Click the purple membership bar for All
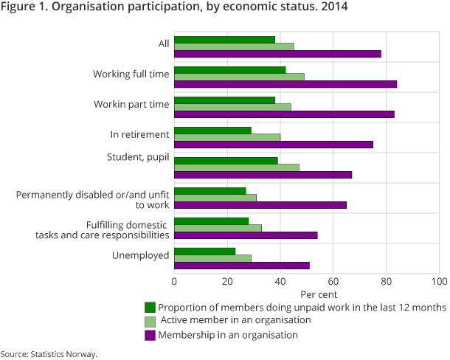click(277, 54)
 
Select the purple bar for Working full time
click(285, 84)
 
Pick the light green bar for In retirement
click(227, 137)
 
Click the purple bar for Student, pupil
click(263, 175)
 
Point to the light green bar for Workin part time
click(232, 107)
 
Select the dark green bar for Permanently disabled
click(210, 190)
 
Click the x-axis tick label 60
click(333, 281)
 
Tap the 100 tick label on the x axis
click(439, 281)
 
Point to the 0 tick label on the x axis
click(175, 281)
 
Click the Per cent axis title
click(307, 294)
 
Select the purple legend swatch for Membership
click(150, 335)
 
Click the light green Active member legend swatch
click(150, 321)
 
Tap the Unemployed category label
click(141, 255)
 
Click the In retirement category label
click(140, 134)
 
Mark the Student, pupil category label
click(136, 157)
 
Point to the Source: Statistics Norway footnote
click(49, 354)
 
